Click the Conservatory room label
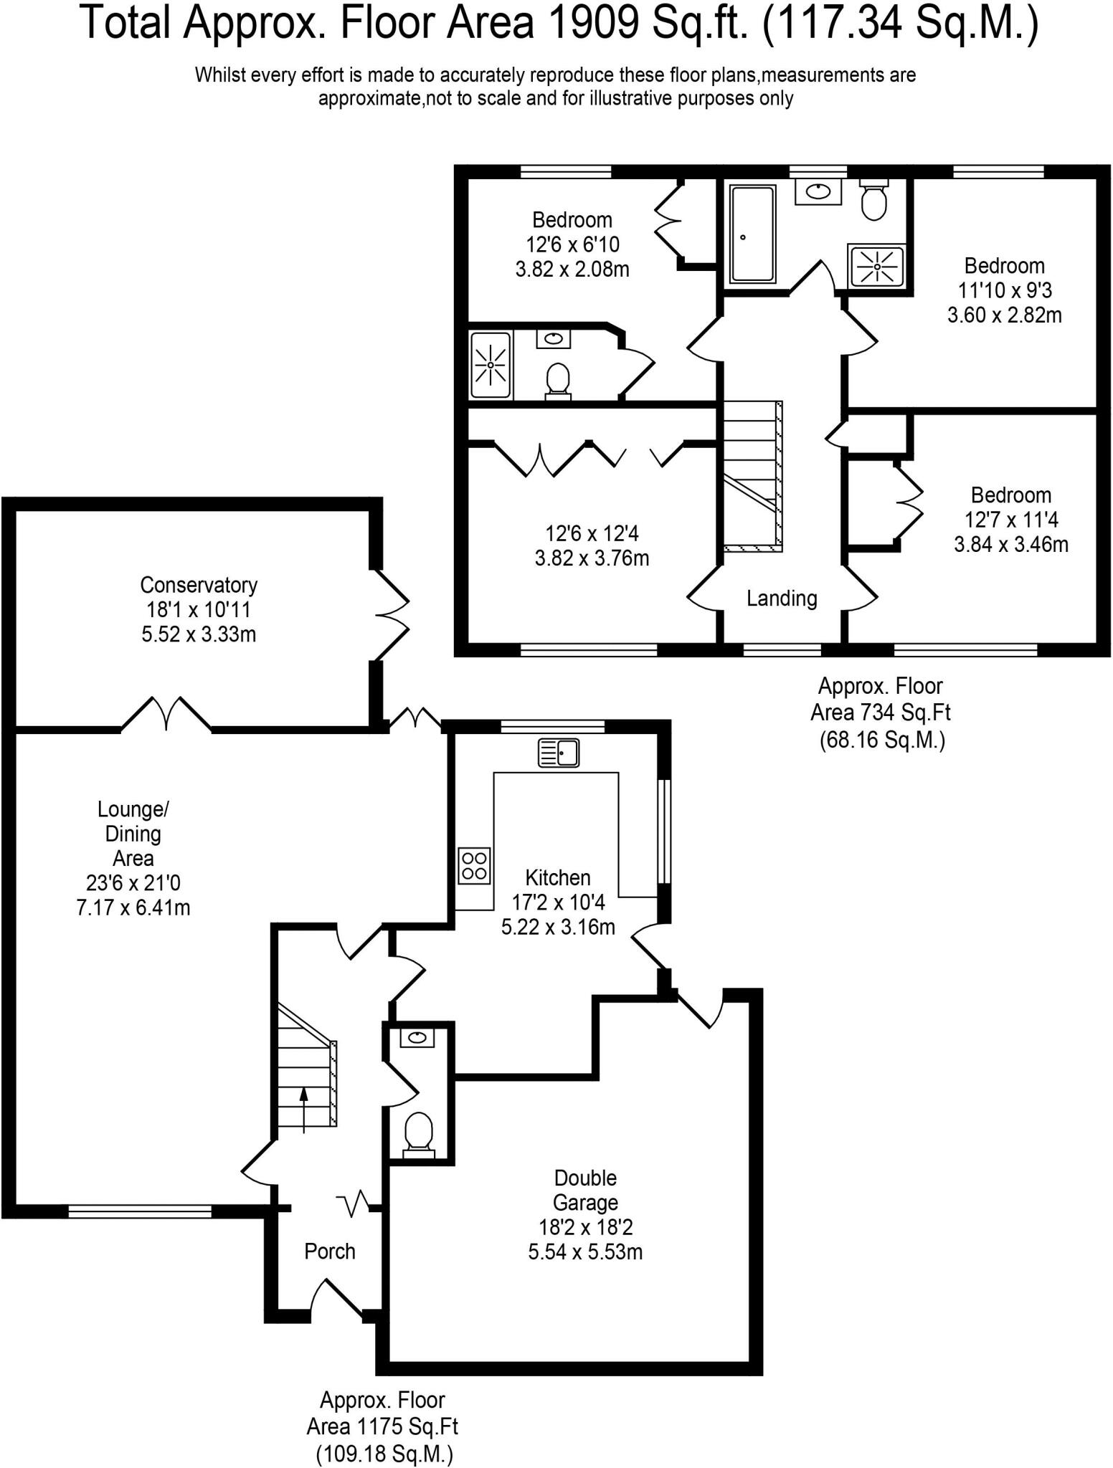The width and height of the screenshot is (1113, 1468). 199,585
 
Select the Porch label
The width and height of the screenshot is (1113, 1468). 329,1252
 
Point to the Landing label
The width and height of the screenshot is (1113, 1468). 782,599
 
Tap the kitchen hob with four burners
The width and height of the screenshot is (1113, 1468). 475,865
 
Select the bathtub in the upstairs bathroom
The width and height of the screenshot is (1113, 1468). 752,234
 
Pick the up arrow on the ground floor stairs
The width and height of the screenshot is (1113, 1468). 304,1110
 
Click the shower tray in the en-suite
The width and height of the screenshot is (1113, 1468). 491,365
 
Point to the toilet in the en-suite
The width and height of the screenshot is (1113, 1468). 558,381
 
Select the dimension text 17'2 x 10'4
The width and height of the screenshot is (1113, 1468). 558,902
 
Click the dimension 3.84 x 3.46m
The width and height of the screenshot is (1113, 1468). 1011,544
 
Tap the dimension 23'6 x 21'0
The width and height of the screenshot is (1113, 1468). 133,883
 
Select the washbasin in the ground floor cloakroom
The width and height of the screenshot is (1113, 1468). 417,1037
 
